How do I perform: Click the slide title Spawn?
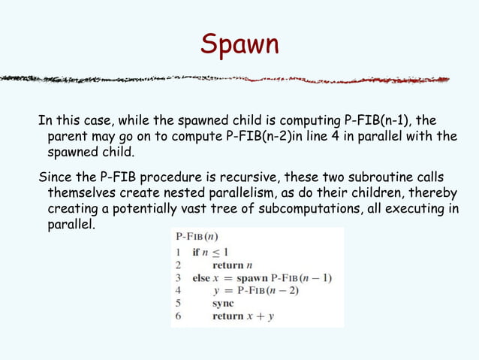click(x=239, y=44)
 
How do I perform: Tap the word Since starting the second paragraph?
click(x=56, y=177)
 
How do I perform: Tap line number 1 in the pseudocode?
click(x=179, y=253)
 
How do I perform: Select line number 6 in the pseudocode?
click(x=179, y=316)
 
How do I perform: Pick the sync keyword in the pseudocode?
click(x=223, y=304)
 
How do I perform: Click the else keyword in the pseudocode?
click(x=201, y=278)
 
